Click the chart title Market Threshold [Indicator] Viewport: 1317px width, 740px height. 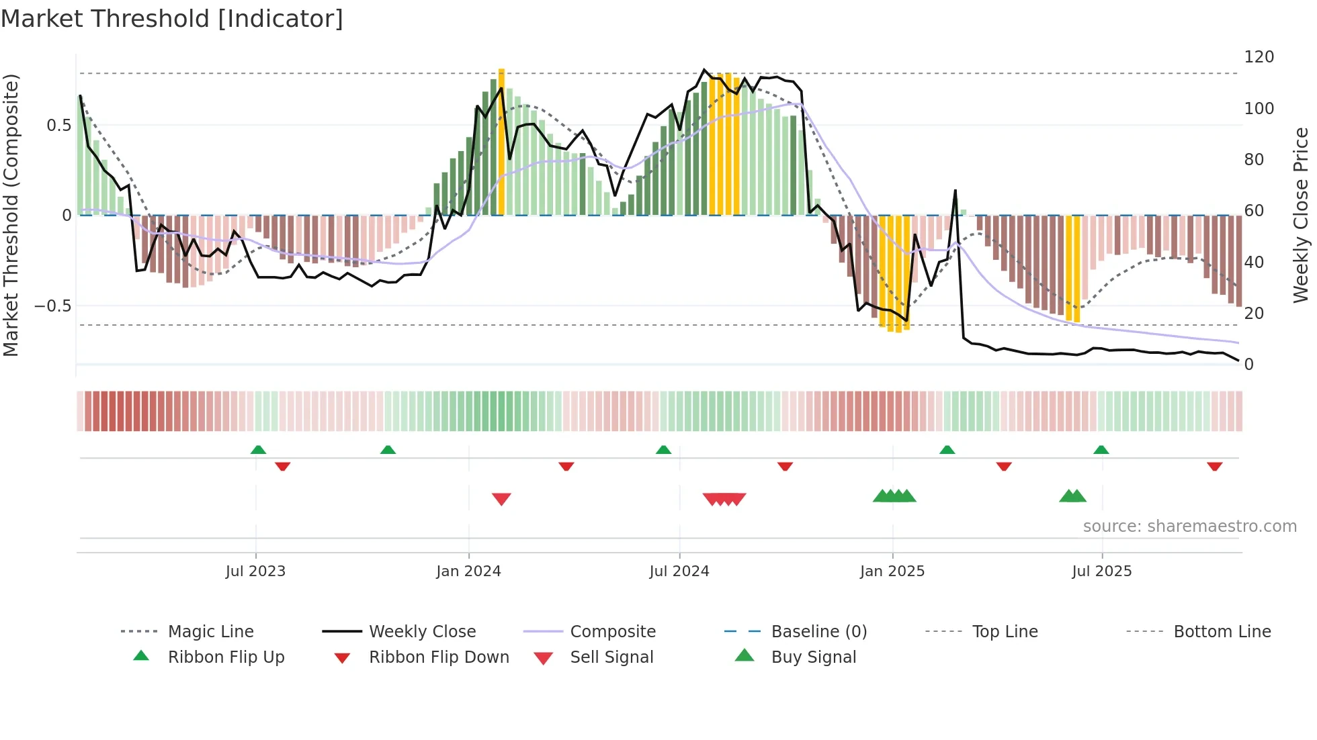[172, 19]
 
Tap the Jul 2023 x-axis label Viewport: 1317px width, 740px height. [255, 571]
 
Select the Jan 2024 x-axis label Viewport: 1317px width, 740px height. [468, 571]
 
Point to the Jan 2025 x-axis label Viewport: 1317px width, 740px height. [892, 571]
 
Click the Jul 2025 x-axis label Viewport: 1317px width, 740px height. [1102, 571]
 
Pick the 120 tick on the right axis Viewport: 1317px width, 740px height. [1259, 57]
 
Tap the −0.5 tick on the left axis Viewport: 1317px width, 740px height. [52, 306]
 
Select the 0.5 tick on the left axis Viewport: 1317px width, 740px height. [58, 126]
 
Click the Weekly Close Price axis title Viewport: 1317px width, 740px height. [1301, 215]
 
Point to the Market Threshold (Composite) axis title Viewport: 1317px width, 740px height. [11, 215]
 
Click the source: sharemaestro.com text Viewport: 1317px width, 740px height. [1189, 526]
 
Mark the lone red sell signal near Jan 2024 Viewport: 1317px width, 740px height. [501, 499]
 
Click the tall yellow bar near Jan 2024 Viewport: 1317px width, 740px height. [501, 141]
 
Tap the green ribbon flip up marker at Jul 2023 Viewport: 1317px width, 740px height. [258, 450]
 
